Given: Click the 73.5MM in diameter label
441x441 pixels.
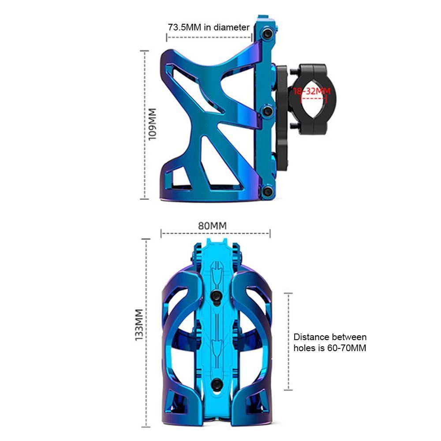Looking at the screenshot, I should [x=209, y=27].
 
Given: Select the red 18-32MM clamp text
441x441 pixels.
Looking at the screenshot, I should [x=311, y=91].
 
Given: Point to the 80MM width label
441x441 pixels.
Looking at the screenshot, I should [x=213, y=225].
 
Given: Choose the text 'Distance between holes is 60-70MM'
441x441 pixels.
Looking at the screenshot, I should [x=330, y=343].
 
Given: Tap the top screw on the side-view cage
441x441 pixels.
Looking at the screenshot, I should [x=267, y=34].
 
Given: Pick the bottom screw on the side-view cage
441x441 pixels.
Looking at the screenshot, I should [x=267, y=191].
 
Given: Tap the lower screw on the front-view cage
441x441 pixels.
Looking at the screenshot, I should [x=216, y=384].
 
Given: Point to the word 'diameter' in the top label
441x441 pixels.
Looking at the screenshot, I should [x=232, y=27].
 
